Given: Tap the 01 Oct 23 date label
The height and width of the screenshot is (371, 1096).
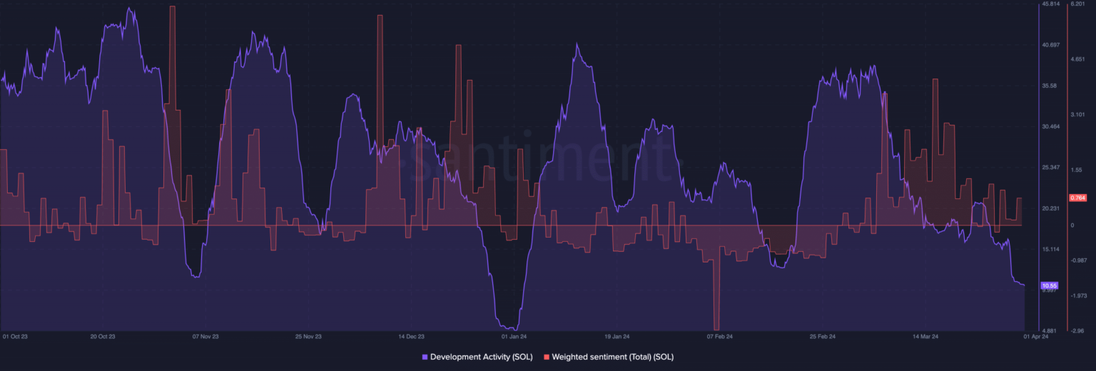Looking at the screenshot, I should coord(14,336).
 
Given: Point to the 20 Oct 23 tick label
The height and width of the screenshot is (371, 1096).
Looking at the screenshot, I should coord(103,336).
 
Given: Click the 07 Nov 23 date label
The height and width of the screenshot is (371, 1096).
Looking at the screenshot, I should coord(205,336).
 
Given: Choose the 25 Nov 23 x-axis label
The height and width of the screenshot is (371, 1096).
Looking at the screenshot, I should coord(308,336).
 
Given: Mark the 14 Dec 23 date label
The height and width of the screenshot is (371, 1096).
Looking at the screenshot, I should coord(411,336).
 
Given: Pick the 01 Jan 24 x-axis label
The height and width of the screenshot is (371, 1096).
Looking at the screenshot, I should coord(514,336).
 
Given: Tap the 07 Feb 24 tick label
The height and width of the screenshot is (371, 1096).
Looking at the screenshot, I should coord(719,336).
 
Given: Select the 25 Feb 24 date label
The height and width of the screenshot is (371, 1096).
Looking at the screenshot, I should coord(823,336).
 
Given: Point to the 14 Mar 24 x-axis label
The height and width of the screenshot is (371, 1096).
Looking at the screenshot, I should coord(925,336).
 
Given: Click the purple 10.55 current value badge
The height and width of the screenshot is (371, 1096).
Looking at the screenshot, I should coord(1050,285).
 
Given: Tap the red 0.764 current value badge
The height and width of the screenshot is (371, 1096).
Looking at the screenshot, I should coord(1077,198).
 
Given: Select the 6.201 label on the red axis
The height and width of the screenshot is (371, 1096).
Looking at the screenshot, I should coord(1076,4).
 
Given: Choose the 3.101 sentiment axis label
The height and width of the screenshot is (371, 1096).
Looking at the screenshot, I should coord(1076,114).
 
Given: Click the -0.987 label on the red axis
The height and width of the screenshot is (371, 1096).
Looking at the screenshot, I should coord(1077,260).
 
